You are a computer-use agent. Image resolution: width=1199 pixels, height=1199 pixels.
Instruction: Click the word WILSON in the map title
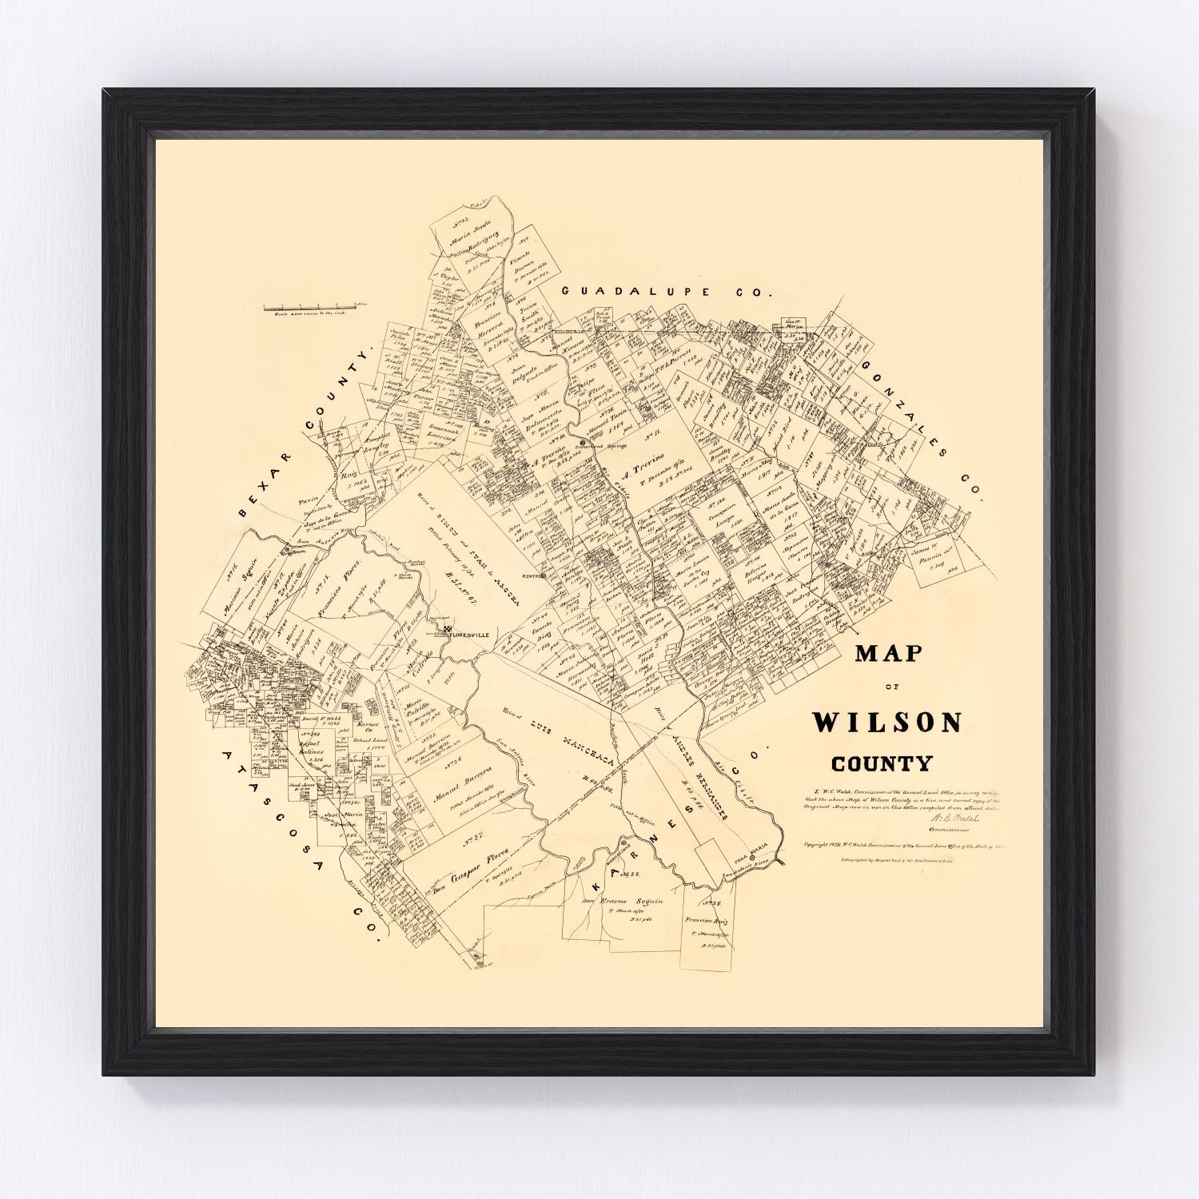point(887,723)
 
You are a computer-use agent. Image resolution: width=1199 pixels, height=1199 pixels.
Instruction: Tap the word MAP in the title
point(888,654)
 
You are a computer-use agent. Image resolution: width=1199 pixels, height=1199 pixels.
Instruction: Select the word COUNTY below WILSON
point(882,763)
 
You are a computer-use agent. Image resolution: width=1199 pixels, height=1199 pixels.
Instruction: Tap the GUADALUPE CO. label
point(667,293)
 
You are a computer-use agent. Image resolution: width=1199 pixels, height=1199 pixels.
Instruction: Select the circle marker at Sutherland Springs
point(584,440)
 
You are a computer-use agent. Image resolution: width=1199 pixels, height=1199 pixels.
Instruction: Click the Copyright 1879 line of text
point(895,842)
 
